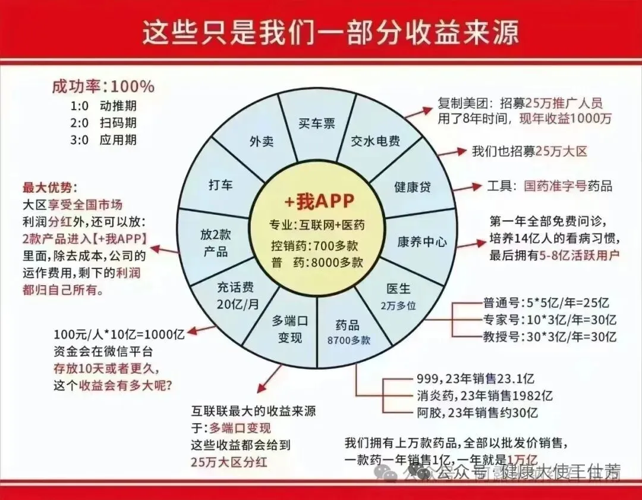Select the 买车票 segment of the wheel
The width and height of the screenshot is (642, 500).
click(316, 123)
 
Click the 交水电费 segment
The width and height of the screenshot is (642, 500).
click(375, 142)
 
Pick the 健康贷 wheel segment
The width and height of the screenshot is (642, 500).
click(412, 186)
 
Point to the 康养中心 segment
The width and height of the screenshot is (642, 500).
click(422, 242)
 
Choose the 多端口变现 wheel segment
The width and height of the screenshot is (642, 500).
click(290, 329)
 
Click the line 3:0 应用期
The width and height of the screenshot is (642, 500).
click(103, 140)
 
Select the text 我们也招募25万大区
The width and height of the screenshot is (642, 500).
click(530, 151)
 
